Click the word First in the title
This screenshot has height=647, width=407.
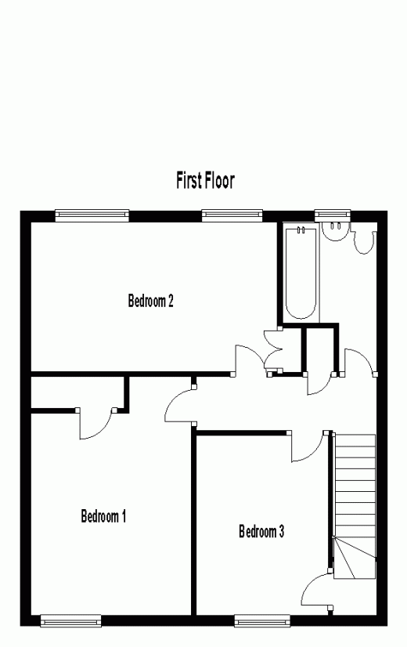tap(189, 180)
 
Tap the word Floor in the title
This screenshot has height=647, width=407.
tap(220, 180)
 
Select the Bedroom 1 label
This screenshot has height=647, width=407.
tap(103, 516)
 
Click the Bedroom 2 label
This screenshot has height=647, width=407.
tap(151, 301)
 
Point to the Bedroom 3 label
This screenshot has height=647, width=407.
tap(261, 531)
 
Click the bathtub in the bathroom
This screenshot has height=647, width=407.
tap(301, 273)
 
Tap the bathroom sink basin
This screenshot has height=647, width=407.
tap(336, 232)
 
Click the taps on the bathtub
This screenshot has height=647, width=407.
tap(301, 230)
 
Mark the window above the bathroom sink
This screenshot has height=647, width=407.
tap(333, 214)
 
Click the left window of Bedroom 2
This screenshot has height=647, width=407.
tap(92, 214)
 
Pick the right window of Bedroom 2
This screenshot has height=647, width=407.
tap(232, 214)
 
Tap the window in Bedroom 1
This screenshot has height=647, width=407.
tap(71, 620)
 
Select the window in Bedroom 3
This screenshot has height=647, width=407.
tap(262, 620)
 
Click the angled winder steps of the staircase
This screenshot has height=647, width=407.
tap(355, 558)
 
